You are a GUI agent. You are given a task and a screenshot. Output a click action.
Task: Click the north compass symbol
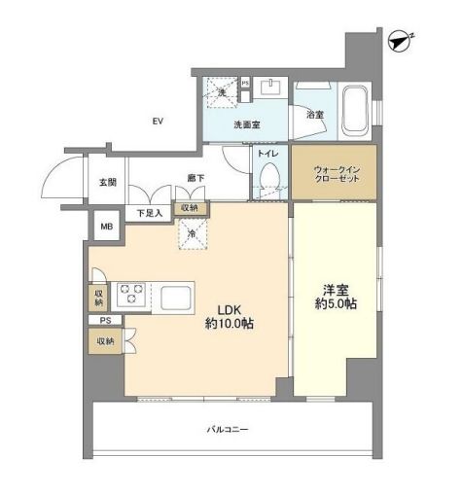398,41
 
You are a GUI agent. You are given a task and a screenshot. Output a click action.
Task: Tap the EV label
156,122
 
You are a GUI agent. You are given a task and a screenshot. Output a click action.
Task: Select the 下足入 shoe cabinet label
149,213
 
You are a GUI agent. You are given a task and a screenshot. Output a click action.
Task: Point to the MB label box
105,230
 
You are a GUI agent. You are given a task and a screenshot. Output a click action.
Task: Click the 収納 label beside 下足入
190,208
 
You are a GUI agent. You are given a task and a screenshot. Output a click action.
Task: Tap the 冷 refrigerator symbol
192,234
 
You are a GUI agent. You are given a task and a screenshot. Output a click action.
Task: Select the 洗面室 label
245,124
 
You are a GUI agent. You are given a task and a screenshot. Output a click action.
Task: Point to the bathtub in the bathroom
355,108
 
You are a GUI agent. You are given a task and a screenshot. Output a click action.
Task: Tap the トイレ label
267,153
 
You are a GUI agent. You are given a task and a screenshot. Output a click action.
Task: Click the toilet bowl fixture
269,179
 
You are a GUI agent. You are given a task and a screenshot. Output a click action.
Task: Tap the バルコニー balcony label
226,428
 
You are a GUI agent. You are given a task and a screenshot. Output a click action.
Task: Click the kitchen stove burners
131,294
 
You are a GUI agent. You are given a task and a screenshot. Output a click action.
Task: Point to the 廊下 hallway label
195,178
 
